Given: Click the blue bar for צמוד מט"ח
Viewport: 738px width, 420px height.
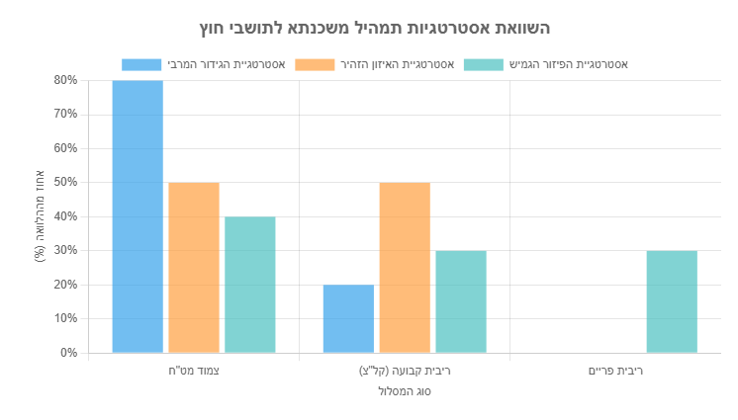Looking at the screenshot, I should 138,216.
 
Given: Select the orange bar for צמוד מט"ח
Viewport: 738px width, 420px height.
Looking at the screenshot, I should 194,268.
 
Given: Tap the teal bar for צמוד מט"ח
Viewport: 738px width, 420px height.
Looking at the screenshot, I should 250,285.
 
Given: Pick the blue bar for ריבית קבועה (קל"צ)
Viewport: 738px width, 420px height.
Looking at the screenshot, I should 348,318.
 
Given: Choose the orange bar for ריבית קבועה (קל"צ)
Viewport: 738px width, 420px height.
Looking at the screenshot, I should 405,268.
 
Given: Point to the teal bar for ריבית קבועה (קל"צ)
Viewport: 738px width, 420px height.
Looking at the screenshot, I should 461,301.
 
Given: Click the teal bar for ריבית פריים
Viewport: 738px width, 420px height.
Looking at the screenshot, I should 672,301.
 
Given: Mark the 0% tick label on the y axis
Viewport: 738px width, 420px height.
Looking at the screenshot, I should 67,353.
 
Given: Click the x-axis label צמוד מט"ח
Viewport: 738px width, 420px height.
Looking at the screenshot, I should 194,372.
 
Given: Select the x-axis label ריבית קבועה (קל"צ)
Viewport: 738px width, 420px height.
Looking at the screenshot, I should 405,372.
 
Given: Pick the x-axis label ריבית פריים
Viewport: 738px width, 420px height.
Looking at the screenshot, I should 615,372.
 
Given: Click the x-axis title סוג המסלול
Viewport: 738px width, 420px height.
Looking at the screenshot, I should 405,391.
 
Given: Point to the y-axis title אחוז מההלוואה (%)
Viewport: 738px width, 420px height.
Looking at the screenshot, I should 40,216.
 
